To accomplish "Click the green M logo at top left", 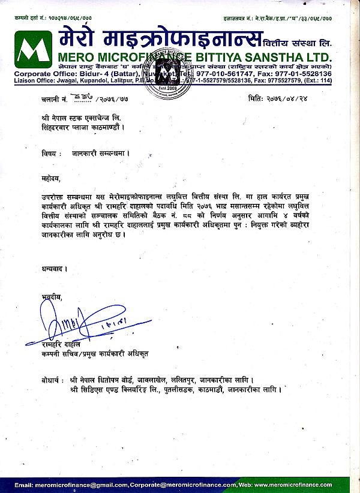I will (x=32, y=49).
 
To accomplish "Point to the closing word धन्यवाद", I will (x=55, y=270).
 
